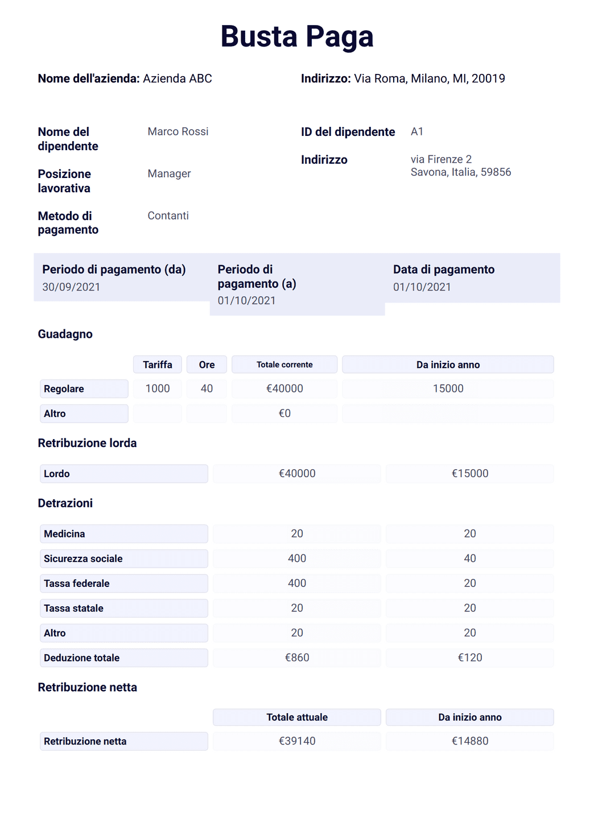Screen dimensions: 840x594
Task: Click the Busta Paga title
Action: (x=296, y=37)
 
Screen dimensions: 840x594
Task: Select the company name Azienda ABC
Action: (x=177, y=78)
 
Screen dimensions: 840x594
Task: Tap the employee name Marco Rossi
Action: (x=178, y=131)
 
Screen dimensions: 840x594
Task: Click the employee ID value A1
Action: (x=416, y=131)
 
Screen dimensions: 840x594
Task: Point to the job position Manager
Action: (x=169, y=173)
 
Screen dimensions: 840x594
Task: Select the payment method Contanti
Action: (x=168, y=216)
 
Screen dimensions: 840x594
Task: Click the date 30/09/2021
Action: (x=71, y=287)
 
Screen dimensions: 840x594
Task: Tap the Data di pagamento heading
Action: (x=443, y=270)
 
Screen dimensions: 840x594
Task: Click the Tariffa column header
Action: (x=158, y=365)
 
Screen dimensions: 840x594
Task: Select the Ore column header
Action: (x=207, y=365)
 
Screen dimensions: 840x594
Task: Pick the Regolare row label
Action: (x=84, y=389)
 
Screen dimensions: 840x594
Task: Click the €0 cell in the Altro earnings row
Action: (x=284, y=413)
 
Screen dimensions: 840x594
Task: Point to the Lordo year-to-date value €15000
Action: (x=469, y=474)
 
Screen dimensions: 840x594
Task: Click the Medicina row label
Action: (x=123, y=534)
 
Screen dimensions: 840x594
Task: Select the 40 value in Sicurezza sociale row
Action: (x=469, y=558)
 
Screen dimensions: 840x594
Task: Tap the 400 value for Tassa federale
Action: (x=296, y=584)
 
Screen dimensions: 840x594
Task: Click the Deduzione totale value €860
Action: (x=296, y=658)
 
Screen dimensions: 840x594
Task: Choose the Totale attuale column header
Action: (x=296, y=717)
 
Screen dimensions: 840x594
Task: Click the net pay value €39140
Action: (x=296, y=741)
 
